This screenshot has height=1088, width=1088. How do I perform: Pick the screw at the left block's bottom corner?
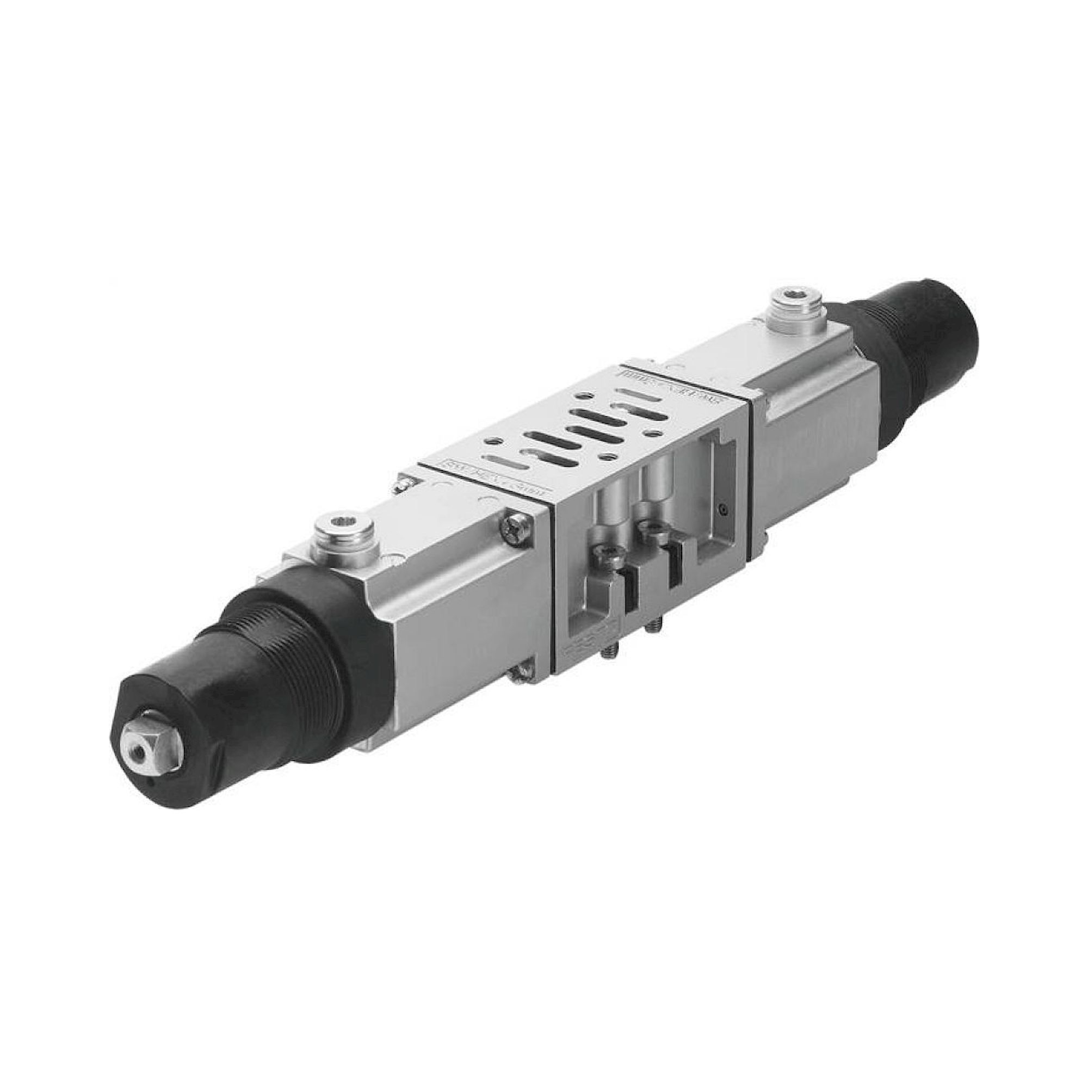pyautogui.click(x=521, y=673)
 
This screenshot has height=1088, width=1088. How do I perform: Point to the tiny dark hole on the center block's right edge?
pyautogui.click(x=723, y=510)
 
